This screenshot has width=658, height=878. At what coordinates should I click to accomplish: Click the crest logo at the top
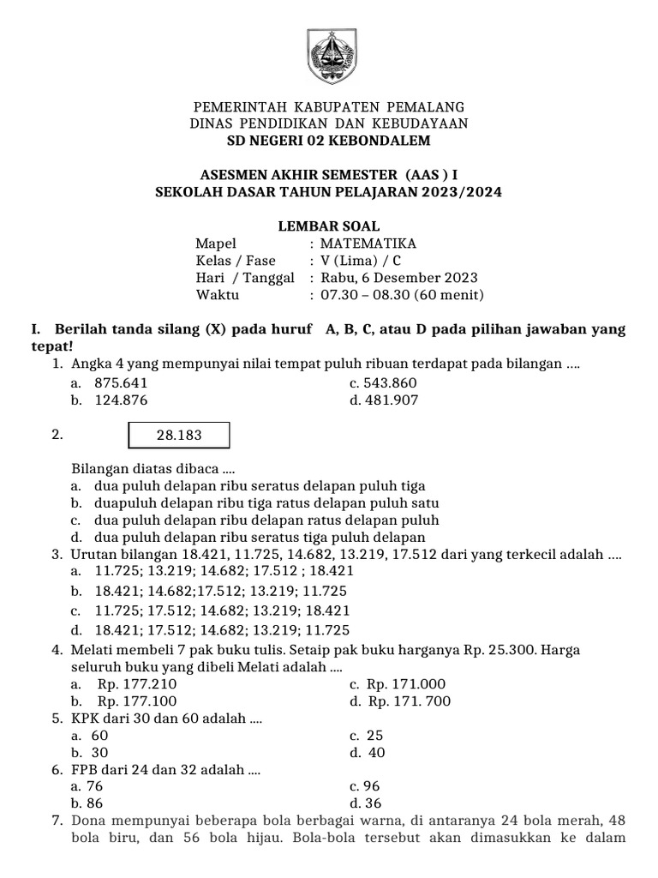[328, 57]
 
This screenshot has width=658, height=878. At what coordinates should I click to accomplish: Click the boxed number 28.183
[179, 435]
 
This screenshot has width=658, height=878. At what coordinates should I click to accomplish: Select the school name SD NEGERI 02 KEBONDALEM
[328, 141]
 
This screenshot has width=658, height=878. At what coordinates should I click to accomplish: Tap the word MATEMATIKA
[368, 244]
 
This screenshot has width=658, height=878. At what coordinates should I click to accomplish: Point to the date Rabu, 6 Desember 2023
[398, 278]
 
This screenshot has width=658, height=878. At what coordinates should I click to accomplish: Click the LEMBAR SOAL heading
[328, 226]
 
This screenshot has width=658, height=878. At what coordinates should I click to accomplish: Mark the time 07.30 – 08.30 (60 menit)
[402, 295]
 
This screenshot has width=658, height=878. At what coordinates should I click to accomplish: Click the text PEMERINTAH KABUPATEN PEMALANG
[328, 107]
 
